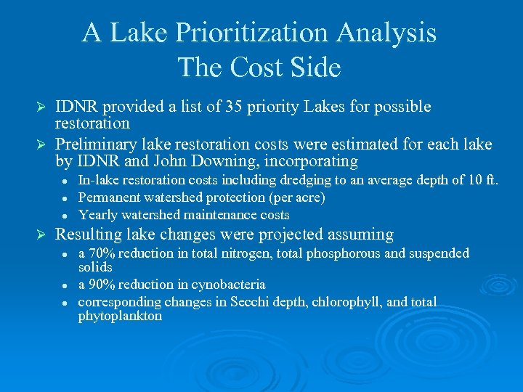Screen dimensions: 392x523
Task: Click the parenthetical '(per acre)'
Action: [297, 197]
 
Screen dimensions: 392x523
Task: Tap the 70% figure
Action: [102, 253]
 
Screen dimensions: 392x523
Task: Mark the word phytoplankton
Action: [120, 317]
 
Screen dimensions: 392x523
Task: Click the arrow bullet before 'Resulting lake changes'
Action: [41, 235]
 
